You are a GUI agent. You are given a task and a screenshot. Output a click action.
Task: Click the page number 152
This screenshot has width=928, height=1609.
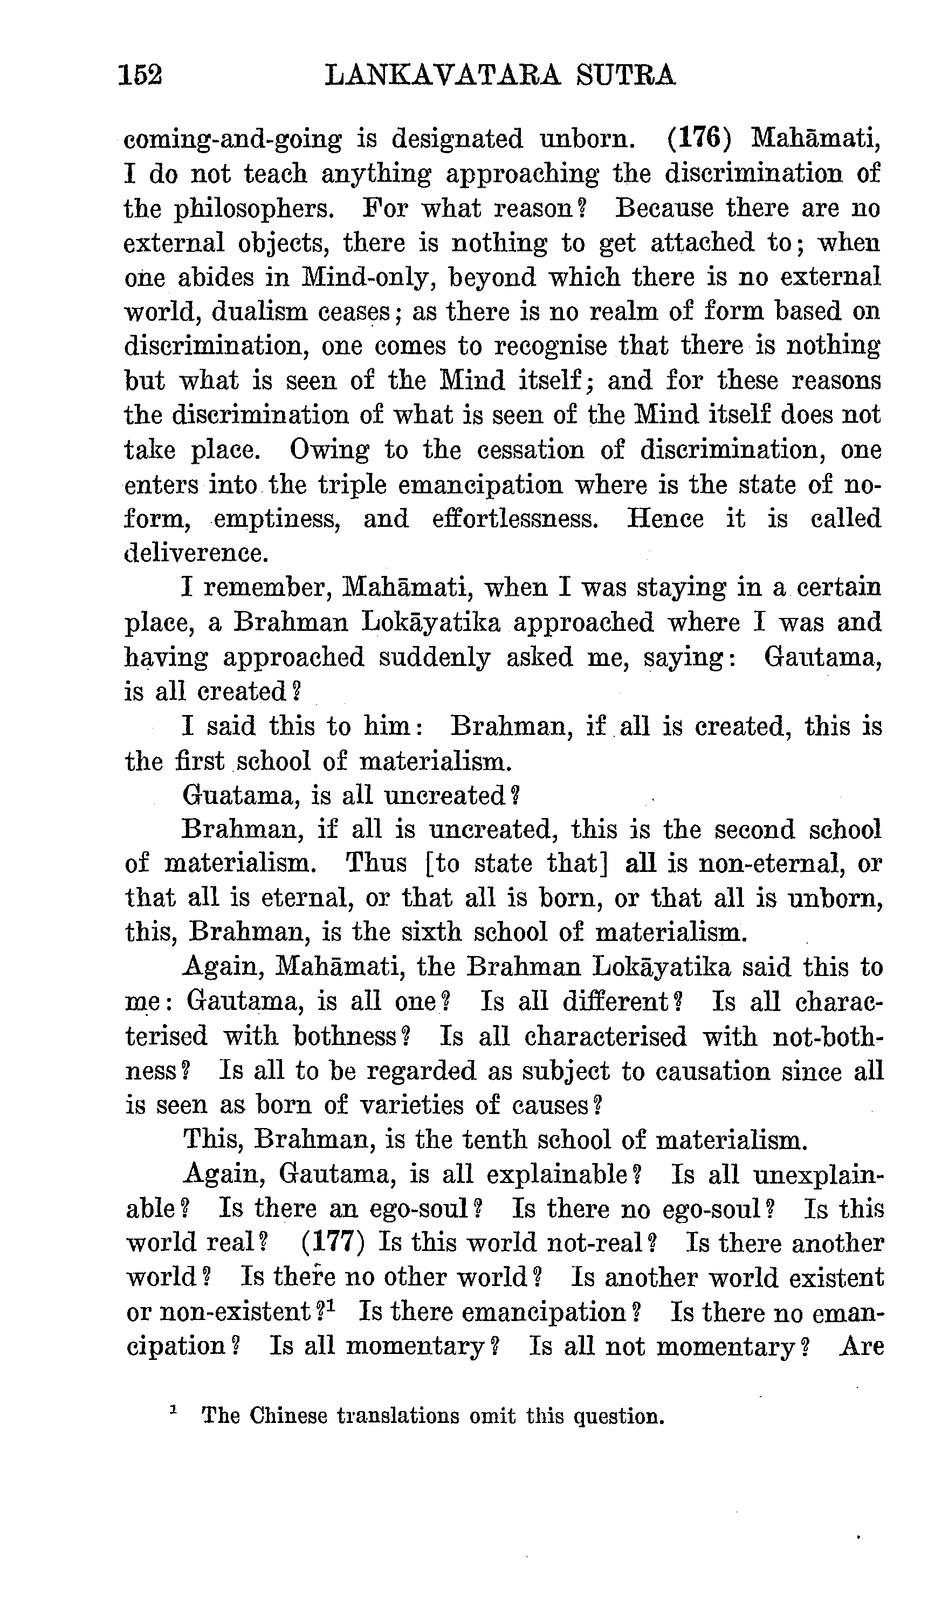140,75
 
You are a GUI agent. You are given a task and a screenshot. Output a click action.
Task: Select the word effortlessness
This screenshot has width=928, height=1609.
515,519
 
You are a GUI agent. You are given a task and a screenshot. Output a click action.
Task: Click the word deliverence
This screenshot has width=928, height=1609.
196,553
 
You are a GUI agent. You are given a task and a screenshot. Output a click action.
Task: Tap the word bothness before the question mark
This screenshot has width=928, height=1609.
345,1036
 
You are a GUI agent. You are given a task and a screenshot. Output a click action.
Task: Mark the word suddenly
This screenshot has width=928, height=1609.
435,657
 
